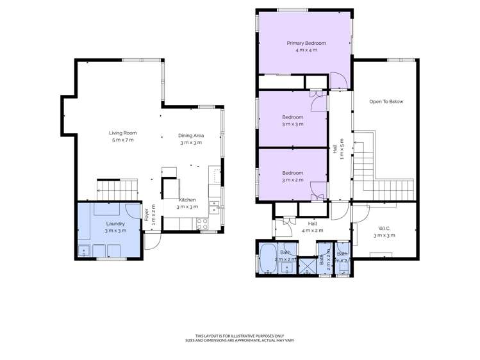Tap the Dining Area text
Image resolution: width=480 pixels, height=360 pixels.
pyautogui.click(x=190, y=135)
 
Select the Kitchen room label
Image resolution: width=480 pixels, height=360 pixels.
pyautogui.click(x=187, y=200)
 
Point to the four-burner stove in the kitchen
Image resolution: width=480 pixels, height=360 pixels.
pyautogui.click(x=202, y=224)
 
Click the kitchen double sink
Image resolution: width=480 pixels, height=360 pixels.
pyautogui.click(x=216, y=206)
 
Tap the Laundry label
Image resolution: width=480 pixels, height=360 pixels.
pyautogui.click(x=115, y=224)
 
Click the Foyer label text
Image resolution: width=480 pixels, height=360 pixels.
pyautogui.click(x=146, y=214)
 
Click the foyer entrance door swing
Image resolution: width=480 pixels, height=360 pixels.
pyautogui.click(x=151, y=240)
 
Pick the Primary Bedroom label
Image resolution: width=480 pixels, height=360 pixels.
pyautogui.click(x=306, y=44)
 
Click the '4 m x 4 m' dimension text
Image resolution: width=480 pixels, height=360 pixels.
pyautogui.click(x=306, y=50)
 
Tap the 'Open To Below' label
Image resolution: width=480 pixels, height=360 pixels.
pyautogui.click(x=386, y=102)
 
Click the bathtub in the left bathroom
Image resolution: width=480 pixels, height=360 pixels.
pyautogui.click(x=265, y=259)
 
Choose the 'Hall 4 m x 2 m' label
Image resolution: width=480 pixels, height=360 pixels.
pyautogui.click(x=312, y=227)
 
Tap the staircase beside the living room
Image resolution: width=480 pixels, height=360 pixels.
pyautogui.click(x=117, y=188)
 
